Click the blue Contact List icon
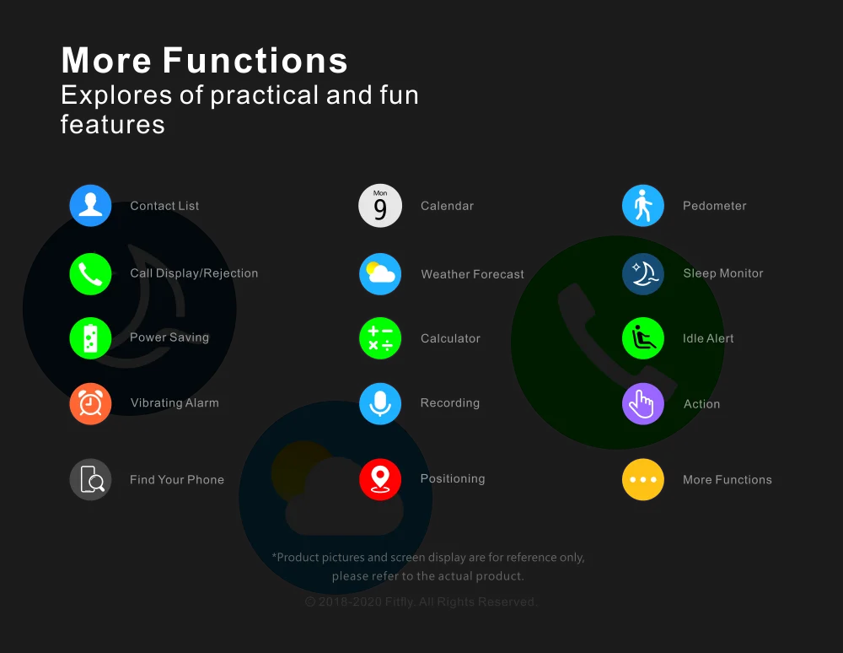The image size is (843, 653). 90,206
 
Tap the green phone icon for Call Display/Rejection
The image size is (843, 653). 90,274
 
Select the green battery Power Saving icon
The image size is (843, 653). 90,338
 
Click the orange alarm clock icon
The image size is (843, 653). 90,403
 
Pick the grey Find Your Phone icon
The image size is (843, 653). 90,479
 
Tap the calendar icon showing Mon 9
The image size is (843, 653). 380,206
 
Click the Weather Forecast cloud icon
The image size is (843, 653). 380,274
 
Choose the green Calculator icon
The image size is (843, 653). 380,338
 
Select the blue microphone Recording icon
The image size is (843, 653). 380,403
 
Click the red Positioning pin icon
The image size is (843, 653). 380,479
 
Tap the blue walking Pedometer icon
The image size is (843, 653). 643,206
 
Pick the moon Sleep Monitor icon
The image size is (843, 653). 643,274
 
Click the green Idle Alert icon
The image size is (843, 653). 643,338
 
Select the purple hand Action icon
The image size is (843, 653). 643,403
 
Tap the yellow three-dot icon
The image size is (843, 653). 643,479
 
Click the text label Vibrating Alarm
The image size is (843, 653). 175,403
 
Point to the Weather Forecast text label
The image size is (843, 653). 472,274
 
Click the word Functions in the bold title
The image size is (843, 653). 255,61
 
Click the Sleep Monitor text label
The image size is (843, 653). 722,273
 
